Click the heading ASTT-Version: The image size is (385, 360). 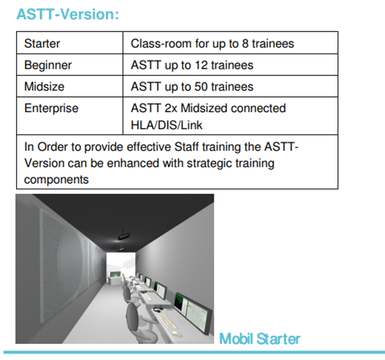tap(68, 14)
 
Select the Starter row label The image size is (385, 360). tap(42, 43)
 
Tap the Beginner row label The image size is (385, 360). tap(48, 66)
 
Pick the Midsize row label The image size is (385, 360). tap(44, 86)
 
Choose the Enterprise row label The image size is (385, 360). tap(52, 108)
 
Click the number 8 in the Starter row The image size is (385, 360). tap(245, 43)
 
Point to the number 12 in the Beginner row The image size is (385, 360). tap(201, 66)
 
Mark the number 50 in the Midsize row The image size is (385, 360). tap(201, 86)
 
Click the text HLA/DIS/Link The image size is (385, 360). tap(167, 125)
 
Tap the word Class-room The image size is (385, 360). tap(161, 43)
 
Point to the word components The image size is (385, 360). tap(56, 180)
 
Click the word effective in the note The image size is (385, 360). tap(149, 147)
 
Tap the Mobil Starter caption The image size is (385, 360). tap(260, 339)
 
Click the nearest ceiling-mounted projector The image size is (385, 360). tap(124, 236)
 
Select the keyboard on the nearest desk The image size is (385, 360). tap(167, 321)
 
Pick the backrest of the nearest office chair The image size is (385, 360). tap(135, 316)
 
